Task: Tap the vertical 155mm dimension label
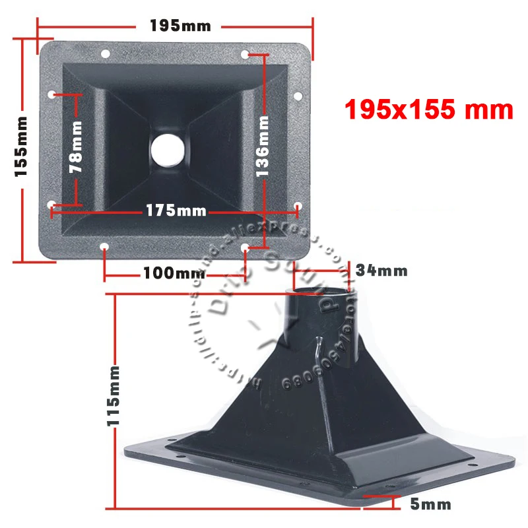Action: point(22,146)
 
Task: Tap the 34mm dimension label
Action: point(381,270)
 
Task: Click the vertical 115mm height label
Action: point(114,395)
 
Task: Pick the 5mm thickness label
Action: point(430,505)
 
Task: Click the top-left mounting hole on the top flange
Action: point(104,53)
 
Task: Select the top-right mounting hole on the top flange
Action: point(245,53)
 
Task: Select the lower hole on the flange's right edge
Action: point(298,205)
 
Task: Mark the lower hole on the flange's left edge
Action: point(52,205)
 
